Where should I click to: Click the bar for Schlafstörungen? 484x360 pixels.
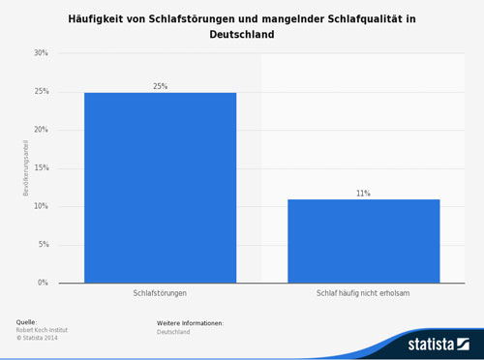point(160,188)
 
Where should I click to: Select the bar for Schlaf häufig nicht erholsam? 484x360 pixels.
point(363,241)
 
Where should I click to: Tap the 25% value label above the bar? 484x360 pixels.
point(160,86)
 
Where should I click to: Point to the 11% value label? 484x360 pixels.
point(363,194)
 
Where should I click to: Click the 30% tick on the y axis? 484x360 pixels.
point(41,53)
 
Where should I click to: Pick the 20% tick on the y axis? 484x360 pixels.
point(41,130)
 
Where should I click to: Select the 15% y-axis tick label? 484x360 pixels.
point(41,168)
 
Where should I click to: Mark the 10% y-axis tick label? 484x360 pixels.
point(41,206)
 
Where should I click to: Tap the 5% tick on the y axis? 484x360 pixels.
point(43,245)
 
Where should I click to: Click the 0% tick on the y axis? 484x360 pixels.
point(43,283)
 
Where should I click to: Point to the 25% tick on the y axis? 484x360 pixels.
point(41,92)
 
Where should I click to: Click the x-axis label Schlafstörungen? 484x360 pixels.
point(160,292)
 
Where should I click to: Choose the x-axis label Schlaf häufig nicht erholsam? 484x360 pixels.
point(363,292)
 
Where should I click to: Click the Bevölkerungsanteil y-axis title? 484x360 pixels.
point(25,168)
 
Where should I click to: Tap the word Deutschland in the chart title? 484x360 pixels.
point(241,34)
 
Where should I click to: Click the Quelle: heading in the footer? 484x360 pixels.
point(28,321)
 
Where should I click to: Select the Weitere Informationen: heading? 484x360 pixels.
point(190,322)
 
